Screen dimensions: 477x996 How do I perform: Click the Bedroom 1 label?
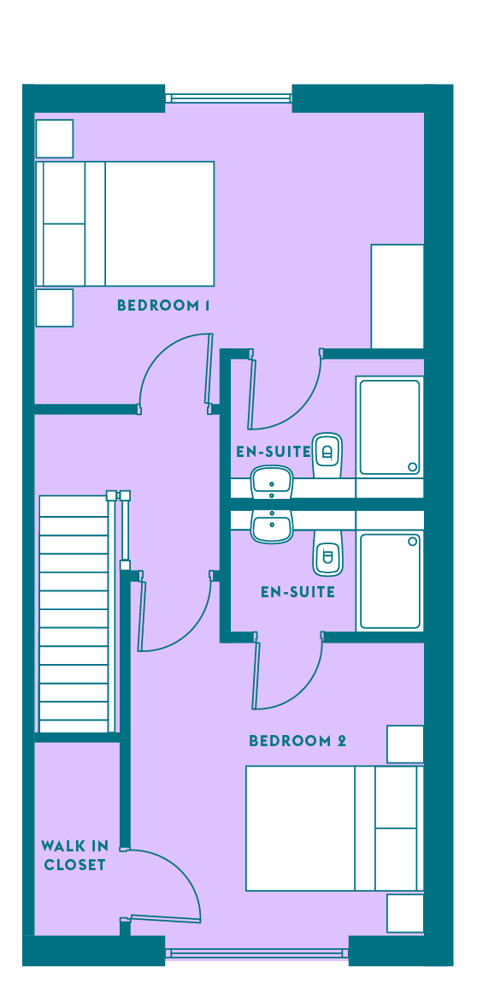[x=163, y=305]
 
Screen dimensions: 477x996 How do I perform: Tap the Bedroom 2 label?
[x=297, y=741]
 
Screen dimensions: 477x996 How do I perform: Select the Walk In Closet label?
[x=74, y=855]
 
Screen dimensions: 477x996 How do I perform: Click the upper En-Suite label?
[x=274, y=453]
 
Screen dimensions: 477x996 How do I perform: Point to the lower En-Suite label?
[x=297, y=592]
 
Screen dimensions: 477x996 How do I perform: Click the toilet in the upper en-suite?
[x=327, y=455]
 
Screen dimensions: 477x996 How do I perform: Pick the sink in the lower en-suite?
[x=272, y=526]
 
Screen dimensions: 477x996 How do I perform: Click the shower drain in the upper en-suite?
[x=412, y=467]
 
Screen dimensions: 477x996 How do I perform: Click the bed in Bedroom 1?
[x=125, y=223]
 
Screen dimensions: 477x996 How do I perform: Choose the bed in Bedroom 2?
[x=334, y=828]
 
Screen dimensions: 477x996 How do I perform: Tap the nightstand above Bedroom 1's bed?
[x=55, y=139]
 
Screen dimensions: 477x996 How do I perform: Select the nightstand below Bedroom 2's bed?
[x=405, y=913]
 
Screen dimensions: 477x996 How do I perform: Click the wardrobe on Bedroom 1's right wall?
[x=397, y=296]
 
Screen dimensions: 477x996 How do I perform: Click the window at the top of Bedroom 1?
[x=228, y=98]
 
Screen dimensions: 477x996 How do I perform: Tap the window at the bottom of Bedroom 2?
[x=257, y=953]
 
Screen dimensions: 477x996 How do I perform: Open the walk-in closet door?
[x=165, y=917]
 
